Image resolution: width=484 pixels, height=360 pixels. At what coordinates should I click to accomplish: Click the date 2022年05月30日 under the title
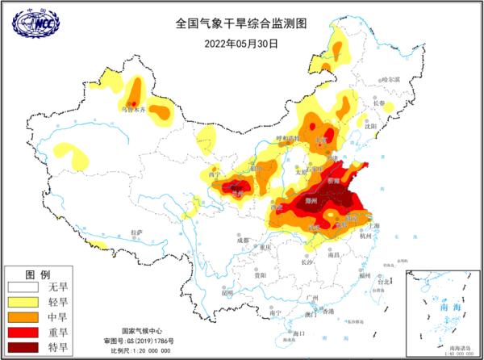[x=241, y=44]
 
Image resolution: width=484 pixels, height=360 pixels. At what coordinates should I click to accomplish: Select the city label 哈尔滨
[x=390, y=80]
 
